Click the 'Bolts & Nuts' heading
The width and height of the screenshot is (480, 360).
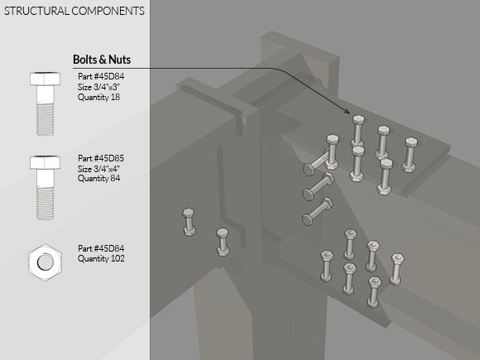(x=102, y=60)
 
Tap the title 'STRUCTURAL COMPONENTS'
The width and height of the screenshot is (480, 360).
(x=74, y=11)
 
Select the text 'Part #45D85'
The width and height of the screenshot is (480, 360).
(x=101, y=158)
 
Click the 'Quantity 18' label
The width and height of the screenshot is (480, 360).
(x=98, y=98)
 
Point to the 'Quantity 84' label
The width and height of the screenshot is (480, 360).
(x=98, y=178)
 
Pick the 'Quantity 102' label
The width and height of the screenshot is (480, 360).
(x=101, y=259)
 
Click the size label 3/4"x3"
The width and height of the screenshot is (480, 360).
(x=98, y=87)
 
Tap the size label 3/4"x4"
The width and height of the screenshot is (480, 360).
(x=98, y=169)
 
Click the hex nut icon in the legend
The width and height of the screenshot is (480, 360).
(x=46, y=262)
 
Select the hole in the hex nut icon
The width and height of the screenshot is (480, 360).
(x=46, y=262)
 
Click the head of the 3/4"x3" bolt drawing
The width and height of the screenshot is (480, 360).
(x=45, y=79)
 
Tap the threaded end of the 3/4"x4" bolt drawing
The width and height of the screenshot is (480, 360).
(x=45, y=204)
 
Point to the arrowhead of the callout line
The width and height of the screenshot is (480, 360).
(x=347, y=111)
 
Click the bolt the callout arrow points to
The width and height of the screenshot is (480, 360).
(x=358, y=131)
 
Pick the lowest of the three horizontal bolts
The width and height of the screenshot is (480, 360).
(x=318, y=212)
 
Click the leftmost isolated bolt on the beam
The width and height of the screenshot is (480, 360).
(x=189, y=222)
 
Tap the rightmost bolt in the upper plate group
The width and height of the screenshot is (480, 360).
(x=410, y=155)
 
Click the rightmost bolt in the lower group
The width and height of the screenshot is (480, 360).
(x=396, y=269)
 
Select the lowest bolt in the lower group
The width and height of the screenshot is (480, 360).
(x=373, y=292)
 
